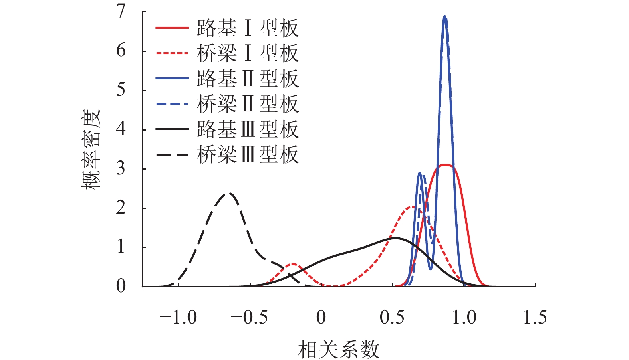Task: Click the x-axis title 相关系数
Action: [338, 350]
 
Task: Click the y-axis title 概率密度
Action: [91, 149]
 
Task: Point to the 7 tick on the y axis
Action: [121, 12]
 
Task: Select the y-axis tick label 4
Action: [121, 129]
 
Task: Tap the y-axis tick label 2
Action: [121, 208]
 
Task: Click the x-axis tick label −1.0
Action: [178, 318]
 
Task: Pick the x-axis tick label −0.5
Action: [249, 318]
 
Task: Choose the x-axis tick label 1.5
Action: [535, 318]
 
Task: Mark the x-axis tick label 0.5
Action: [392, 318]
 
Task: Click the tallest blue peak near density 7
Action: [444, 17]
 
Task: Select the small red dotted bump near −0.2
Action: [293, 264]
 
